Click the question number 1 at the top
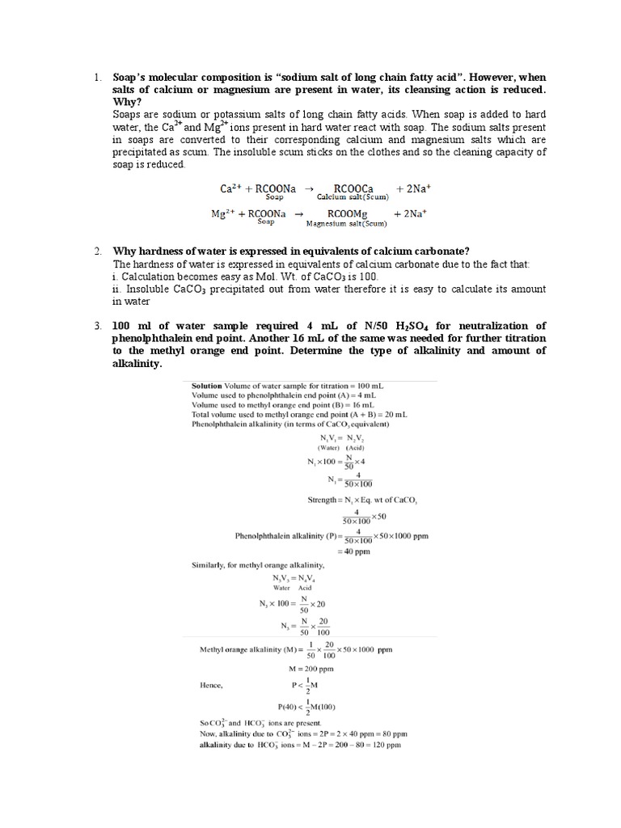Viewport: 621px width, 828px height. click(95, 78)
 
